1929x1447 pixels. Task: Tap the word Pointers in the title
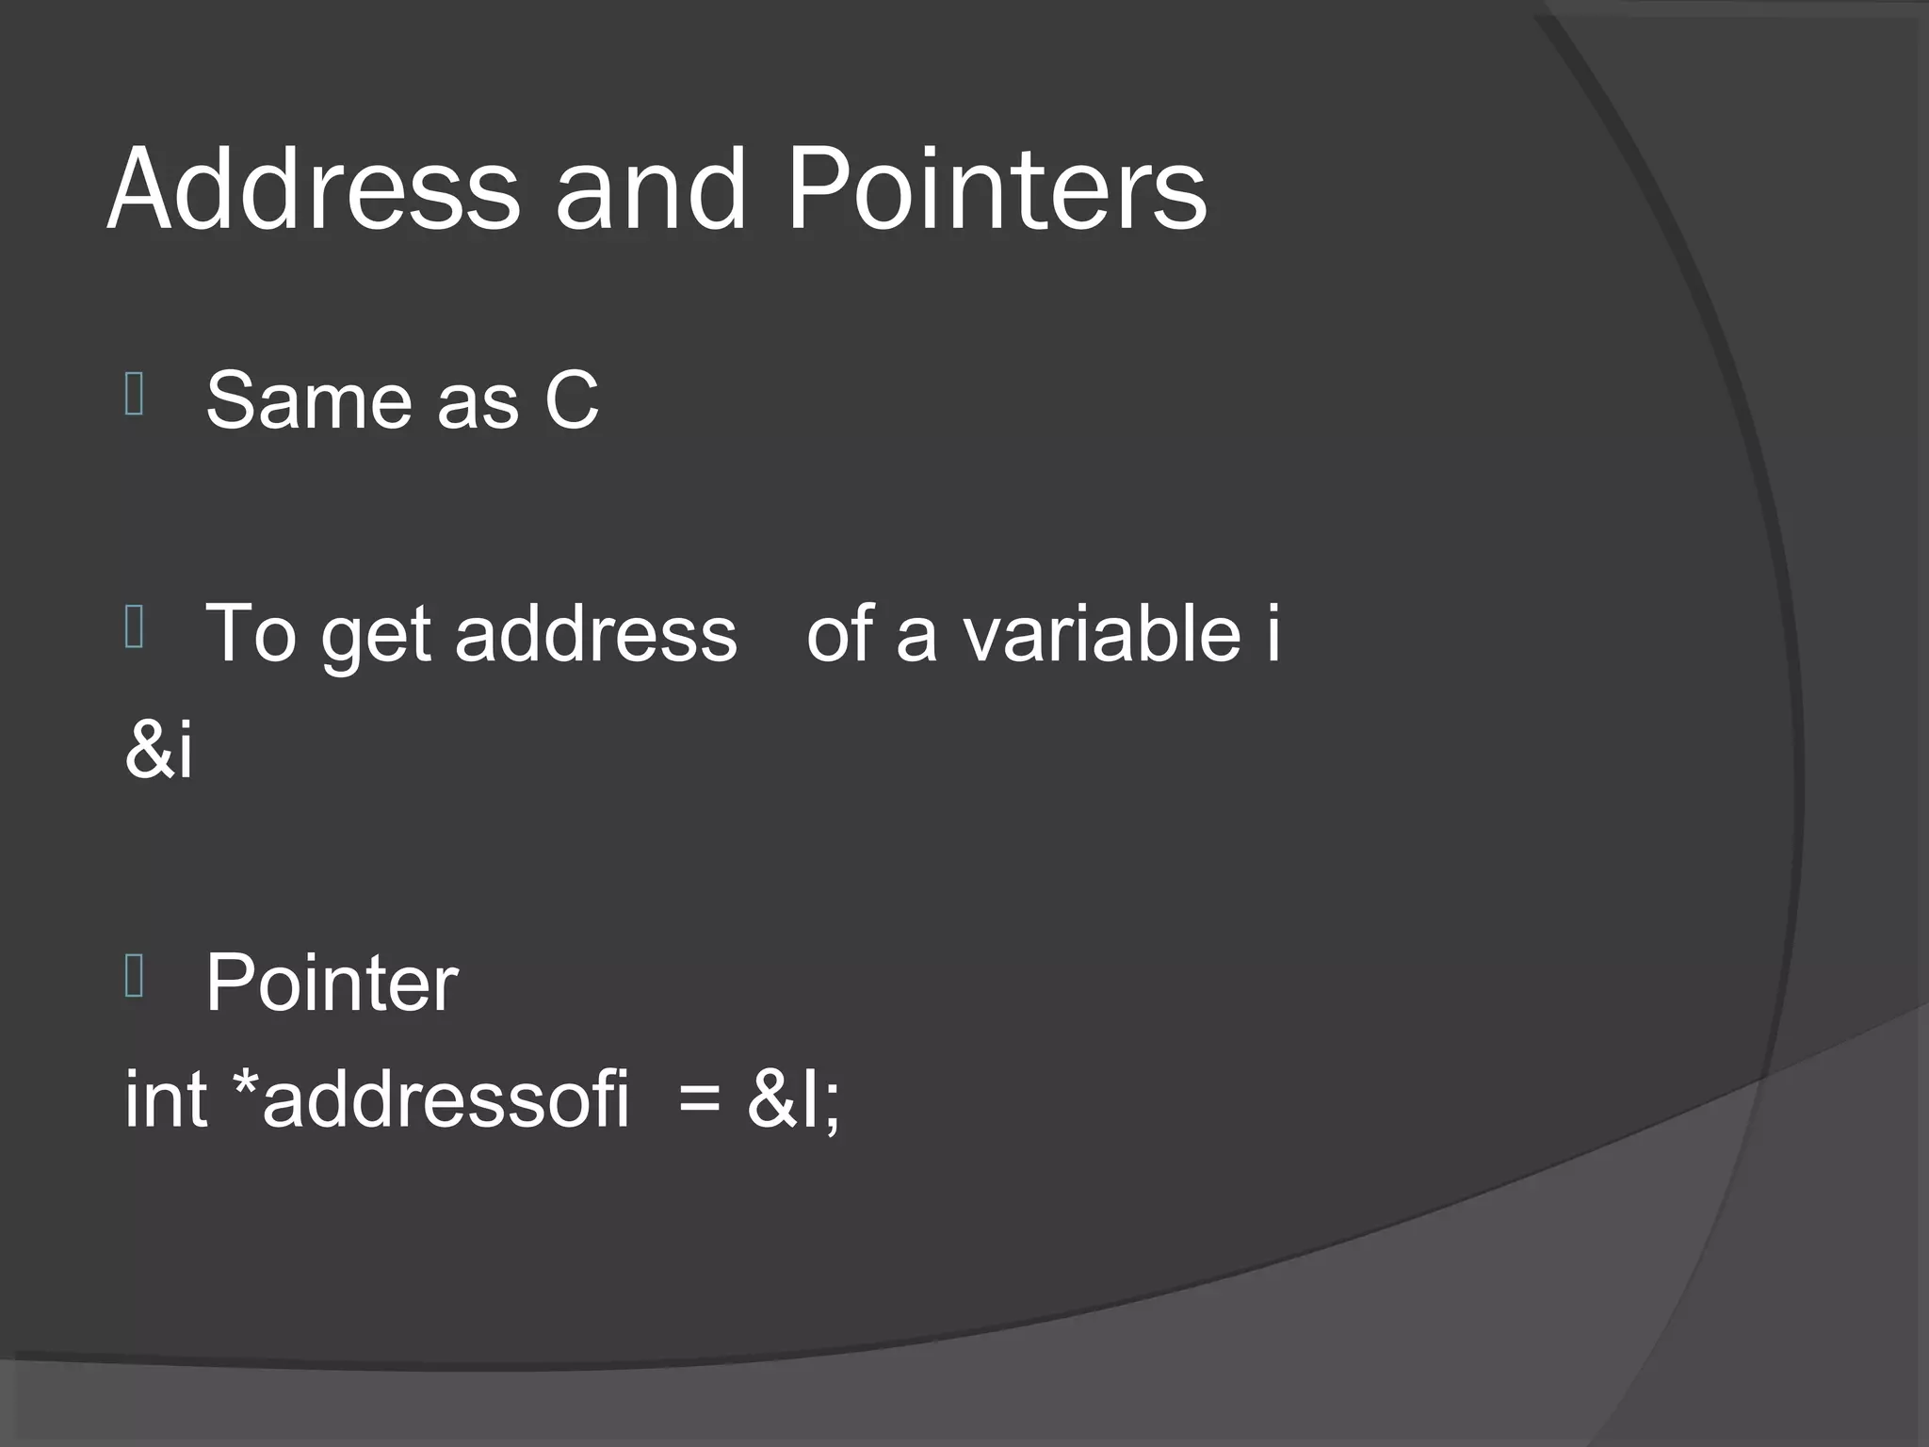tap(996, 188)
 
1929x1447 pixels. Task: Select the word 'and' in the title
tap(651, 188)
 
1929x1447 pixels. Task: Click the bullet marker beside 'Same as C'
tap(134, 395)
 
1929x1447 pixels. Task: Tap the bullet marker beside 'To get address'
tap(134, 627)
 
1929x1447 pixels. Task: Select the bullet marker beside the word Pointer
tap(134, 976)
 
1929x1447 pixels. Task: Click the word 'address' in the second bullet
tap(595, 633)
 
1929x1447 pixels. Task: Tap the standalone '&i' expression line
tap(158, 750)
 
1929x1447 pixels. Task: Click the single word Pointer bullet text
tap(332, 983)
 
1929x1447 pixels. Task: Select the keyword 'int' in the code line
tap(166, 1098)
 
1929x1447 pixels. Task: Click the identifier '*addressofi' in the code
tap(430, 1098)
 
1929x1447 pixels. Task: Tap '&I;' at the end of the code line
tap(793, 1098)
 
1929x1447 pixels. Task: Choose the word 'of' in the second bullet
tap(841, 633)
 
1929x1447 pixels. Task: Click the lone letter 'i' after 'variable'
tap(1272, 633)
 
